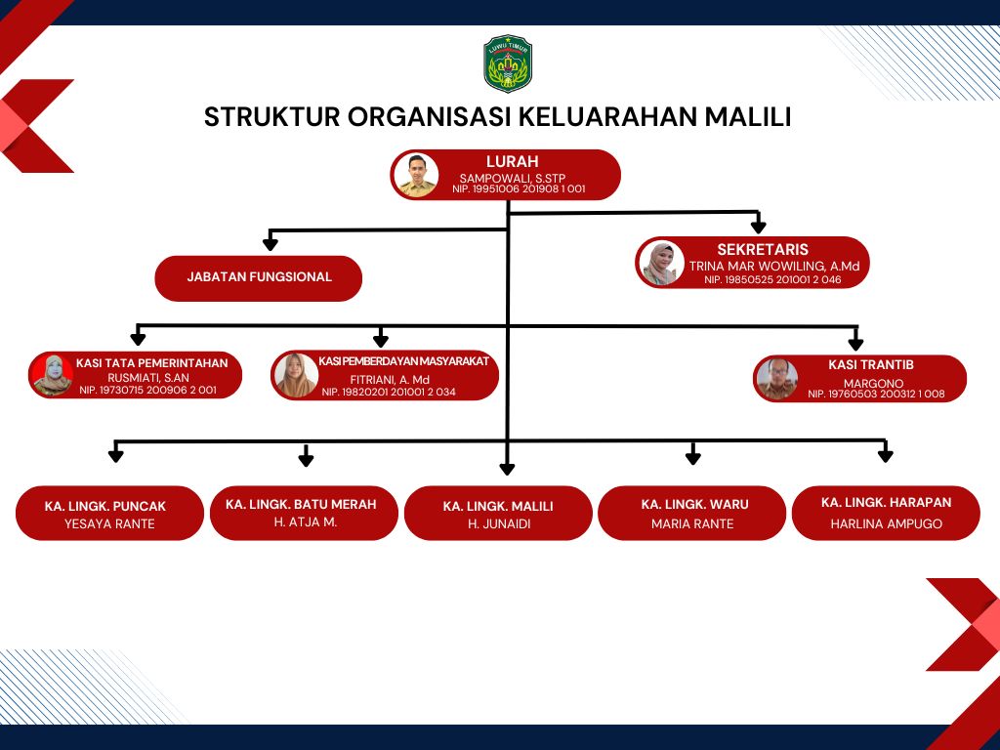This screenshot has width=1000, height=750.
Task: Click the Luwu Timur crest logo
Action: click(x=508, y=63)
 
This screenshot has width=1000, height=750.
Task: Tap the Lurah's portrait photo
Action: click(x=416, y=175)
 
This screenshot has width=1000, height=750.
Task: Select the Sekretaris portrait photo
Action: click(x=661, y=263)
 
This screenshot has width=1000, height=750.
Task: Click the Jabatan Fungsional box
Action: click(x=259, y=277)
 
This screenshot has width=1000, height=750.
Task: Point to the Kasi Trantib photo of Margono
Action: click(x=778, y=379)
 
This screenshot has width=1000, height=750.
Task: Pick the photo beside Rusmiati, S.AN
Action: click(x=53, y=375)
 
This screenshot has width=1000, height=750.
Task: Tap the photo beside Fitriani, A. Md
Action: click(x=295, y=375)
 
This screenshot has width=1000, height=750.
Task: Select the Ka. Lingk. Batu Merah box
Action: click(x=304, y=513)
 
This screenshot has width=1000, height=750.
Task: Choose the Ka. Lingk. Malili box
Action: click(x=498, y=514)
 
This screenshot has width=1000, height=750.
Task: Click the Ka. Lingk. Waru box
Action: click(x=691, y=513)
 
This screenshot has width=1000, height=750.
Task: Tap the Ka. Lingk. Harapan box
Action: click(x=886, y=513)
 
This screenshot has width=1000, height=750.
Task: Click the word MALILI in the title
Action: click(x=747, y=116)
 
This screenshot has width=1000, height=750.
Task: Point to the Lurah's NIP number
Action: click(x=519, y=189)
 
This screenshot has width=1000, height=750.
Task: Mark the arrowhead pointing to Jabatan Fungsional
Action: click(x=271, y=242)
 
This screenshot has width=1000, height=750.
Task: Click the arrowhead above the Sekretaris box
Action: click(x=758, y=227)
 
